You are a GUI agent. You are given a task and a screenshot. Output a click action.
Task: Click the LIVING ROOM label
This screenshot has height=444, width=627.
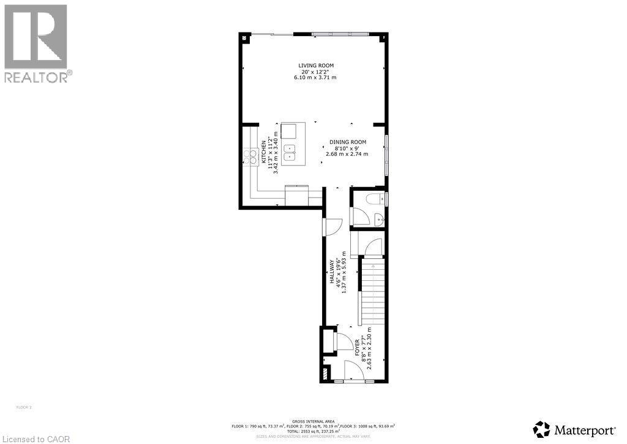pyautogui.click(x=316, y=65)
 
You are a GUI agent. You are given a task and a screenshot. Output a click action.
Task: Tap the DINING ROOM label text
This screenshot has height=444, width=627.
pyautogui.click(x=347, y=142)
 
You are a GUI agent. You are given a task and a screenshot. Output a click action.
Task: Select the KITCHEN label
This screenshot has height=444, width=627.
pyautogui.click(x=264, y=151)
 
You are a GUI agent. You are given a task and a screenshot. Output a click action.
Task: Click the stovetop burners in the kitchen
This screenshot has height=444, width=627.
pyautogui.click(x=251, y=157)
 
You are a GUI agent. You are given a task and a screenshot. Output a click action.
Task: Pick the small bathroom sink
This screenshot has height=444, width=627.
pyautogui.click(x=379, y=219)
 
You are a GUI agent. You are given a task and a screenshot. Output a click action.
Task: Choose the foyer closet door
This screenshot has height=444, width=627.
pyautogui.click(x=345, y=342)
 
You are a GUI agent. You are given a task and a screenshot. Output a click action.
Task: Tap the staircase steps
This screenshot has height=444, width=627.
pyautogui.click(x=372, y=291)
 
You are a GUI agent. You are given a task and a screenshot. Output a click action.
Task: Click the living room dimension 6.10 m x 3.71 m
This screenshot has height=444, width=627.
pyautogui.click(x=316, y=78)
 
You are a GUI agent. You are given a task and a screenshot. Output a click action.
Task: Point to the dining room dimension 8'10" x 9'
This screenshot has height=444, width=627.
pyautogui.click(x=347, y=148)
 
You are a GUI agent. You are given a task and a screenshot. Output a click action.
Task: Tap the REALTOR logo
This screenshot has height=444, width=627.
pyautogui.click(x=37, y=43)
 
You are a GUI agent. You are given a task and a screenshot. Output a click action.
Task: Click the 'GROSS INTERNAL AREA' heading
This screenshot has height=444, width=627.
pyautogui.click(x=313, y=421)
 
